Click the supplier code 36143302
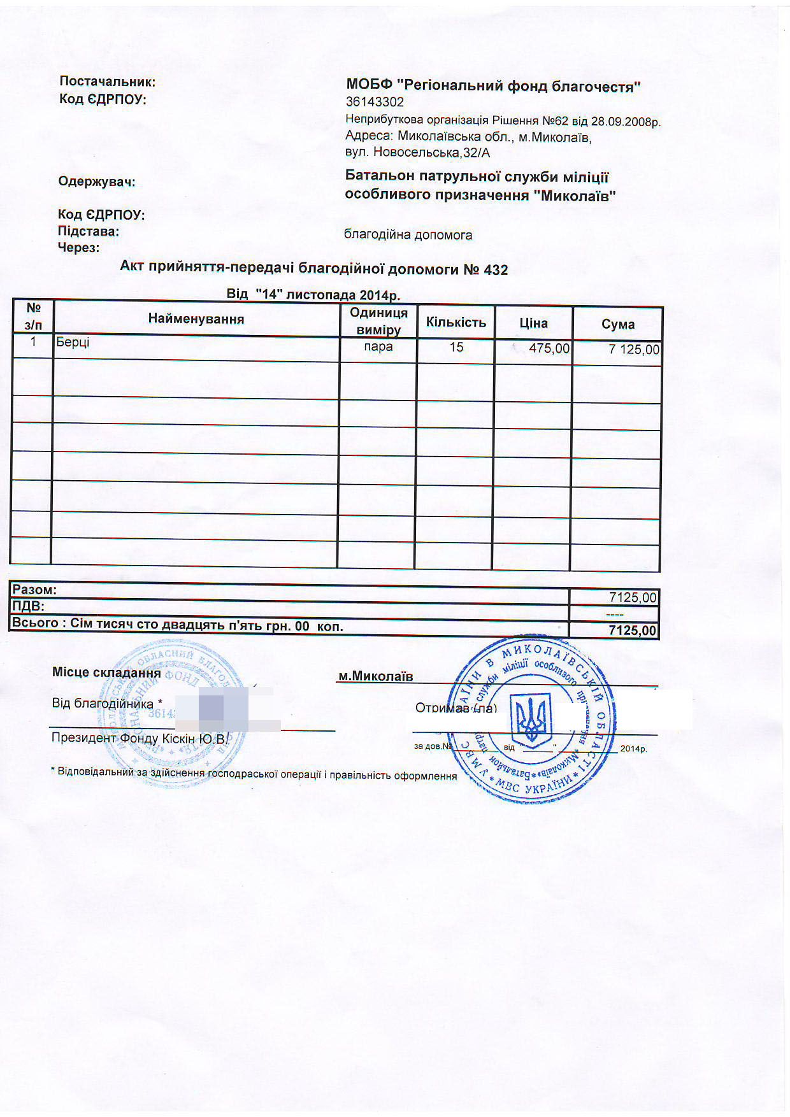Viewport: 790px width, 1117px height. click(375, 102)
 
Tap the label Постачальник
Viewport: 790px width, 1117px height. click(107, 82)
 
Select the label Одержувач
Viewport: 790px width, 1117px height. click(97, 182)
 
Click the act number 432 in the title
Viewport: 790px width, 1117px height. click(496, 270)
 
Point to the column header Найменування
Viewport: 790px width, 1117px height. click(196, 319)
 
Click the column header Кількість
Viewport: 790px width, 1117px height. click(456, 322)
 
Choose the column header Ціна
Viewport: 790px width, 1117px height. click(533, 323)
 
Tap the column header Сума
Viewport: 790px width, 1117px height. click(617, 324)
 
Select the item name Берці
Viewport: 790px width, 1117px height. click(73, 343)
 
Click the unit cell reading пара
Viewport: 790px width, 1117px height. click(378, 347)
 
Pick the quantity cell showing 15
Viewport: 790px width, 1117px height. click(456, 348)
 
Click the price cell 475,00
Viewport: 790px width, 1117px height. click(549, 348)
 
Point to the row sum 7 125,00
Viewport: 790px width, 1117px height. click(634, 349)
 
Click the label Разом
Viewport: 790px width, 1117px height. click(34, 590)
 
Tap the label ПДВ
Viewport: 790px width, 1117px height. click(28, 606)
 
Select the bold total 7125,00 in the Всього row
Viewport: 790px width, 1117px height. click(632, 630)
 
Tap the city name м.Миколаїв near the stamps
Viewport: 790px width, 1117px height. click(375, 676)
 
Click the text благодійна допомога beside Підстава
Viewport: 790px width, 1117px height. click(408, 235)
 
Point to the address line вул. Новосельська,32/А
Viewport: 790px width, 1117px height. click(417, 153)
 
